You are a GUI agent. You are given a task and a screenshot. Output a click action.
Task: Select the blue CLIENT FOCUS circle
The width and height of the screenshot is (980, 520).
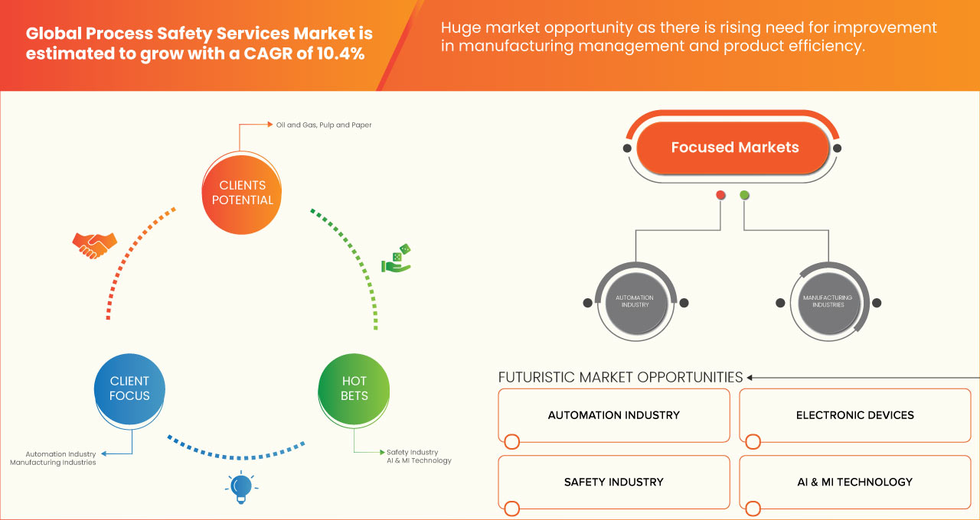129,388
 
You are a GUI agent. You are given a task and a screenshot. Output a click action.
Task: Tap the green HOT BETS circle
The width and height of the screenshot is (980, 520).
354,388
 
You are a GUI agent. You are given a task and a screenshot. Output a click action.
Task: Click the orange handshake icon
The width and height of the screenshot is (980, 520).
94,245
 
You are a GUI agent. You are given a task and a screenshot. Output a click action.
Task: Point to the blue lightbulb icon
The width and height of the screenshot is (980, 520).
241,487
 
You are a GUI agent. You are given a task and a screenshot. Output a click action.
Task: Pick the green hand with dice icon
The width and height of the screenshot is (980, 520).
397,259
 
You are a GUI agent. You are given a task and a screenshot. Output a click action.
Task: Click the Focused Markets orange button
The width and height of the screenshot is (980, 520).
734,148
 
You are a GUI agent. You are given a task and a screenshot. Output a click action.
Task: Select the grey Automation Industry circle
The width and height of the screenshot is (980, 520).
635,301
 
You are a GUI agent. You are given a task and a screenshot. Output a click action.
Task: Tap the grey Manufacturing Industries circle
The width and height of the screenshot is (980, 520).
828,301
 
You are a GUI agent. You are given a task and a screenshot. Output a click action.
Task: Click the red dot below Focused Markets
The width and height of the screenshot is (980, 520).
720,195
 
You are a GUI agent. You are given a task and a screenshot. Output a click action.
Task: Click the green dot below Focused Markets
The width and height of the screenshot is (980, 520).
745,195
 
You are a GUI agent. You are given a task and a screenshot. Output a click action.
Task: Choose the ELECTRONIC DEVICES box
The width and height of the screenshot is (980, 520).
854,415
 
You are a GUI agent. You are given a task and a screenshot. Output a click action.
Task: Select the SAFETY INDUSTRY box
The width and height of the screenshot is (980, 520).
613,482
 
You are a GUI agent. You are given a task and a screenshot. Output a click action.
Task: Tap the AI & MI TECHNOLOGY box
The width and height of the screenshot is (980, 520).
854,482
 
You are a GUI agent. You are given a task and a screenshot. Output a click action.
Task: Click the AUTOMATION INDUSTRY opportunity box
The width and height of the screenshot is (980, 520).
613,415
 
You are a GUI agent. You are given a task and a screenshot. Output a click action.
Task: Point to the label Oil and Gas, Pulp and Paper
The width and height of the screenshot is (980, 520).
324,125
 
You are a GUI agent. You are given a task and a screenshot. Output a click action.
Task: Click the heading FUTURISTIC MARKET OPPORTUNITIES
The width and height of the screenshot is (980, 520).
620,377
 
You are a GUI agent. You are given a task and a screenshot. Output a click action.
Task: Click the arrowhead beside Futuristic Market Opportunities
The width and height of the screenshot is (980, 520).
750,377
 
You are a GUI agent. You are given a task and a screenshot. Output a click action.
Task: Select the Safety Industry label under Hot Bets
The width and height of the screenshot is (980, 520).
412,452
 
